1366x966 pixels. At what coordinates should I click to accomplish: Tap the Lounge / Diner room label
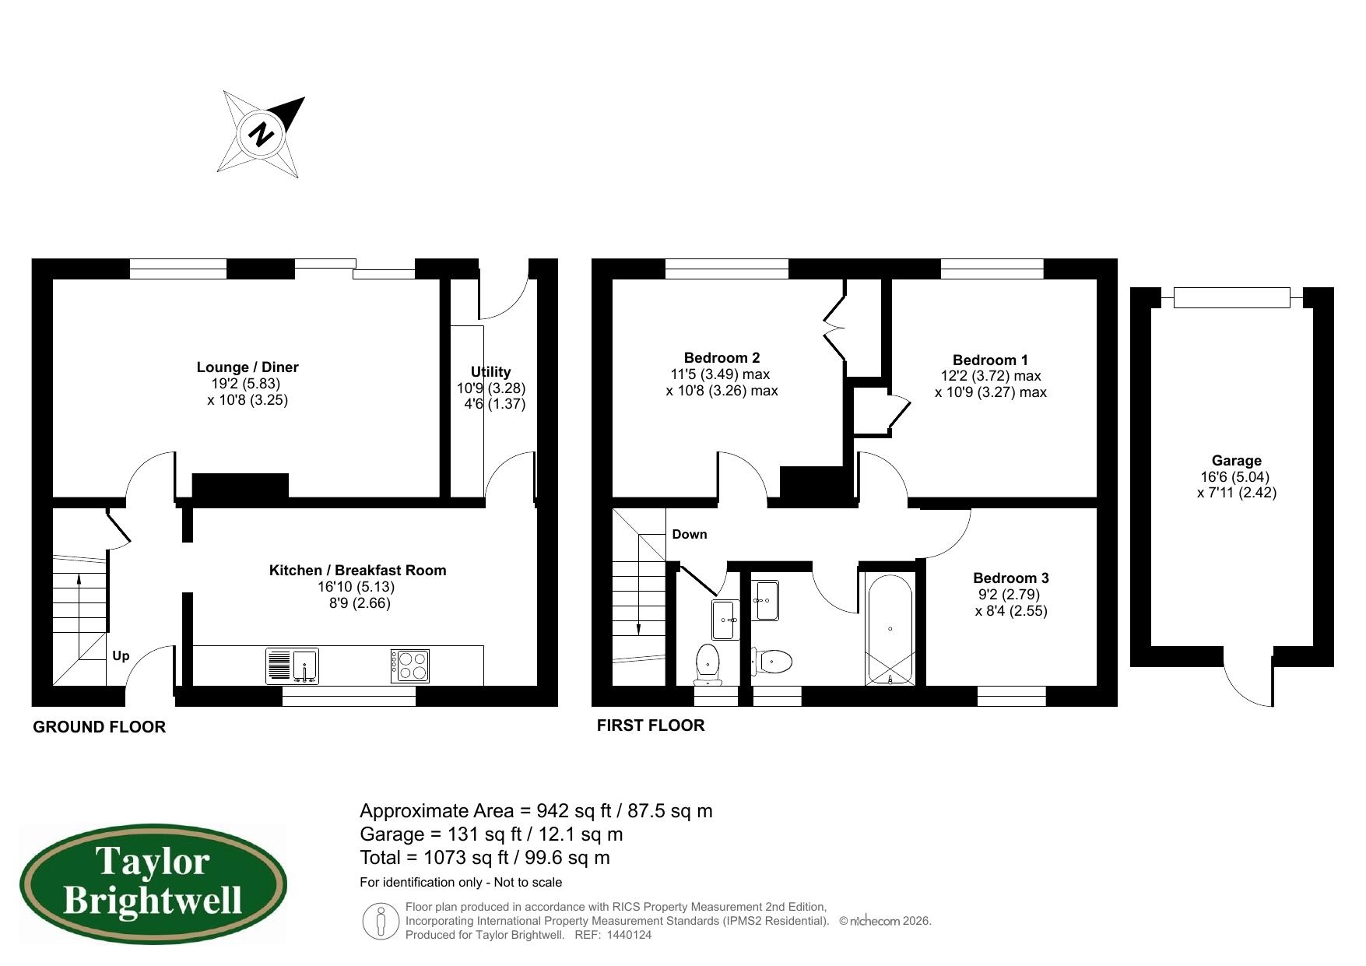point(248,367)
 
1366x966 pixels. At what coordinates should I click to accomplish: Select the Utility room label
point(490,372)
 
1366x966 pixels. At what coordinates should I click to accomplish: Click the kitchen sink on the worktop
point(292,666)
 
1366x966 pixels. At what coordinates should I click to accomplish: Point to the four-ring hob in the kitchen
point(410,666)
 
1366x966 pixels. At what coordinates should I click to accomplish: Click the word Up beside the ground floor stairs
point(121,656)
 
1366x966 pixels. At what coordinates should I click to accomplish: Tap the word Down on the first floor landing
point(690,534)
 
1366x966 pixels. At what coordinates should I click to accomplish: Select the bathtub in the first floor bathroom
point(890,629)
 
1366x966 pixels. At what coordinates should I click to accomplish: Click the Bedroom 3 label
point(1010,578)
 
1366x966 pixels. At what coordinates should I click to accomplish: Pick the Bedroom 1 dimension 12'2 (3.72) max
point(990,376)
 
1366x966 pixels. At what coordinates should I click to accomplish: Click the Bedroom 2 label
point(722,358)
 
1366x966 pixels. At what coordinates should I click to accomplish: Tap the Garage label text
point(1236,461)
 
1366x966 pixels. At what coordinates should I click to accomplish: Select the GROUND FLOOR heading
point(99,727)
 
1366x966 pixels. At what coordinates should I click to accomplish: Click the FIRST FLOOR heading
point(651,725)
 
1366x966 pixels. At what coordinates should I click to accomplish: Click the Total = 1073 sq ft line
point(484,858)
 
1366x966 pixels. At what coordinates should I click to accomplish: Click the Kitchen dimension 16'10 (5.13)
point(357,587)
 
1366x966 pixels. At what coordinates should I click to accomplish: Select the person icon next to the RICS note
point(381,921)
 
